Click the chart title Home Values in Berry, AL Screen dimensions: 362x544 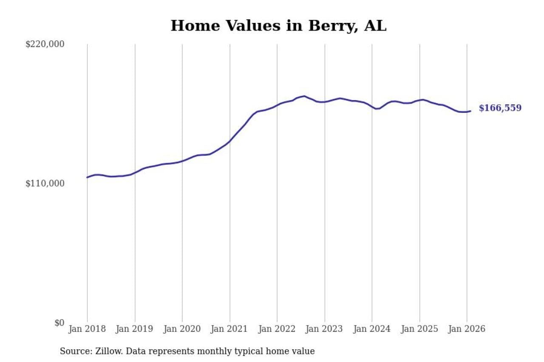click(x=278, y=26)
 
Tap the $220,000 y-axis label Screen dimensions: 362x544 click(x=45, y=44)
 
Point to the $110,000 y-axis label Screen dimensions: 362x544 click(x=45, y=183)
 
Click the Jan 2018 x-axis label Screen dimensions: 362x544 click(x=87, y=329)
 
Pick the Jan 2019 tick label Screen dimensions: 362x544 click(x=135, y=329)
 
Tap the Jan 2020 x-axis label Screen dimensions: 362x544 click(x=182, y=329)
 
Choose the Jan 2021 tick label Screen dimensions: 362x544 click(x=230, y=329)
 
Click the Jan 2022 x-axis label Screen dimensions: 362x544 click(x=277, y=329)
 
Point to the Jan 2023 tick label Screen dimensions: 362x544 click(x=325, y=329)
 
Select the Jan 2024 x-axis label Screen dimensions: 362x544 click(x=372, y=329)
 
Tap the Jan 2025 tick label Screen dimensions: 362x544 click(x=419, y=329)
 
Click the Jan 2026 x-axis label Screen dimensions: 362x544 click(x=467, y=329)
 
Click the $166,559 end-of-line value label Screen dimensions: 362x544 click(x=500, y=108)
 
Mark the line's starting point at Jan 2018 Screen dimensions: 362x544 click(x=87, y=177)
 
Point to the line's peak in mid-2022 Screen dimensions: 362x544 click(x=304, y=96)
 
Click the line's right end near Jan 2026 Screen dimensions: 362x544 click(x=470, y=111)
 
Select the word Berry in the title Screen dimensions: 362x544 click(x=328, y=26)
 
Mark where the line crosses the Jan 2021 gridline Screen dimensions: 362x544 click(x=230, y=141)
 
